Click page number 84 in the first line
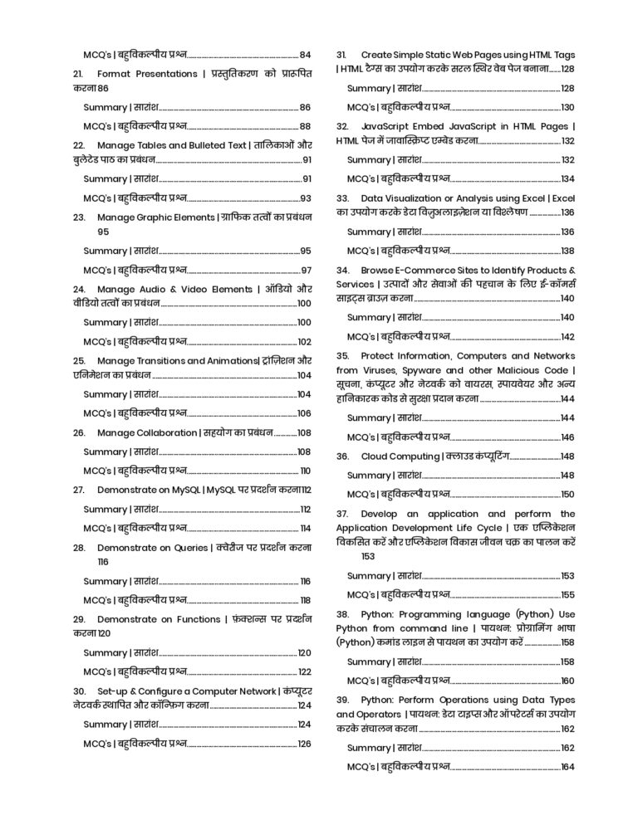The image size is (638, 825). [x=305, y=54]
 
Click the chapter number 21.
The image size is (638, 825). [x=79, y=73]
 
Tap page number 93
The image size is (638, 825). [x=305, y=198]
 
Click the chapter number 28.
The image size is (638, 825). [x=79, y=548]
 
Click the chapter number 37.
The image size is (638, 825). [x=341, y=514]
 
